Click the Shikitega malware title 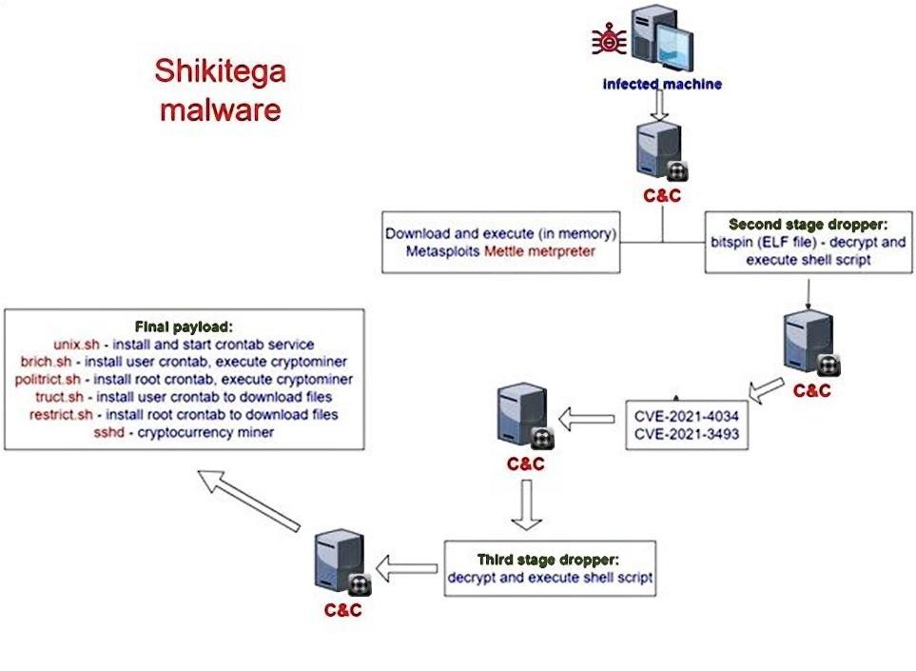coord(220,89)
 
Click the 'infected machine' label coord(662,84)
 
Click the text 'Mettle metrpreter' coord(538,251)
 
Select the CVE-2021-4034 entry coord(687,417)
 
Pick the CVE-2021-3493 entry coord(687,435)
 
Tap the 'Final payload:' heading coord(185,326)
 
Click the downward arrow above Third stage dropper coord(525,504)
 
